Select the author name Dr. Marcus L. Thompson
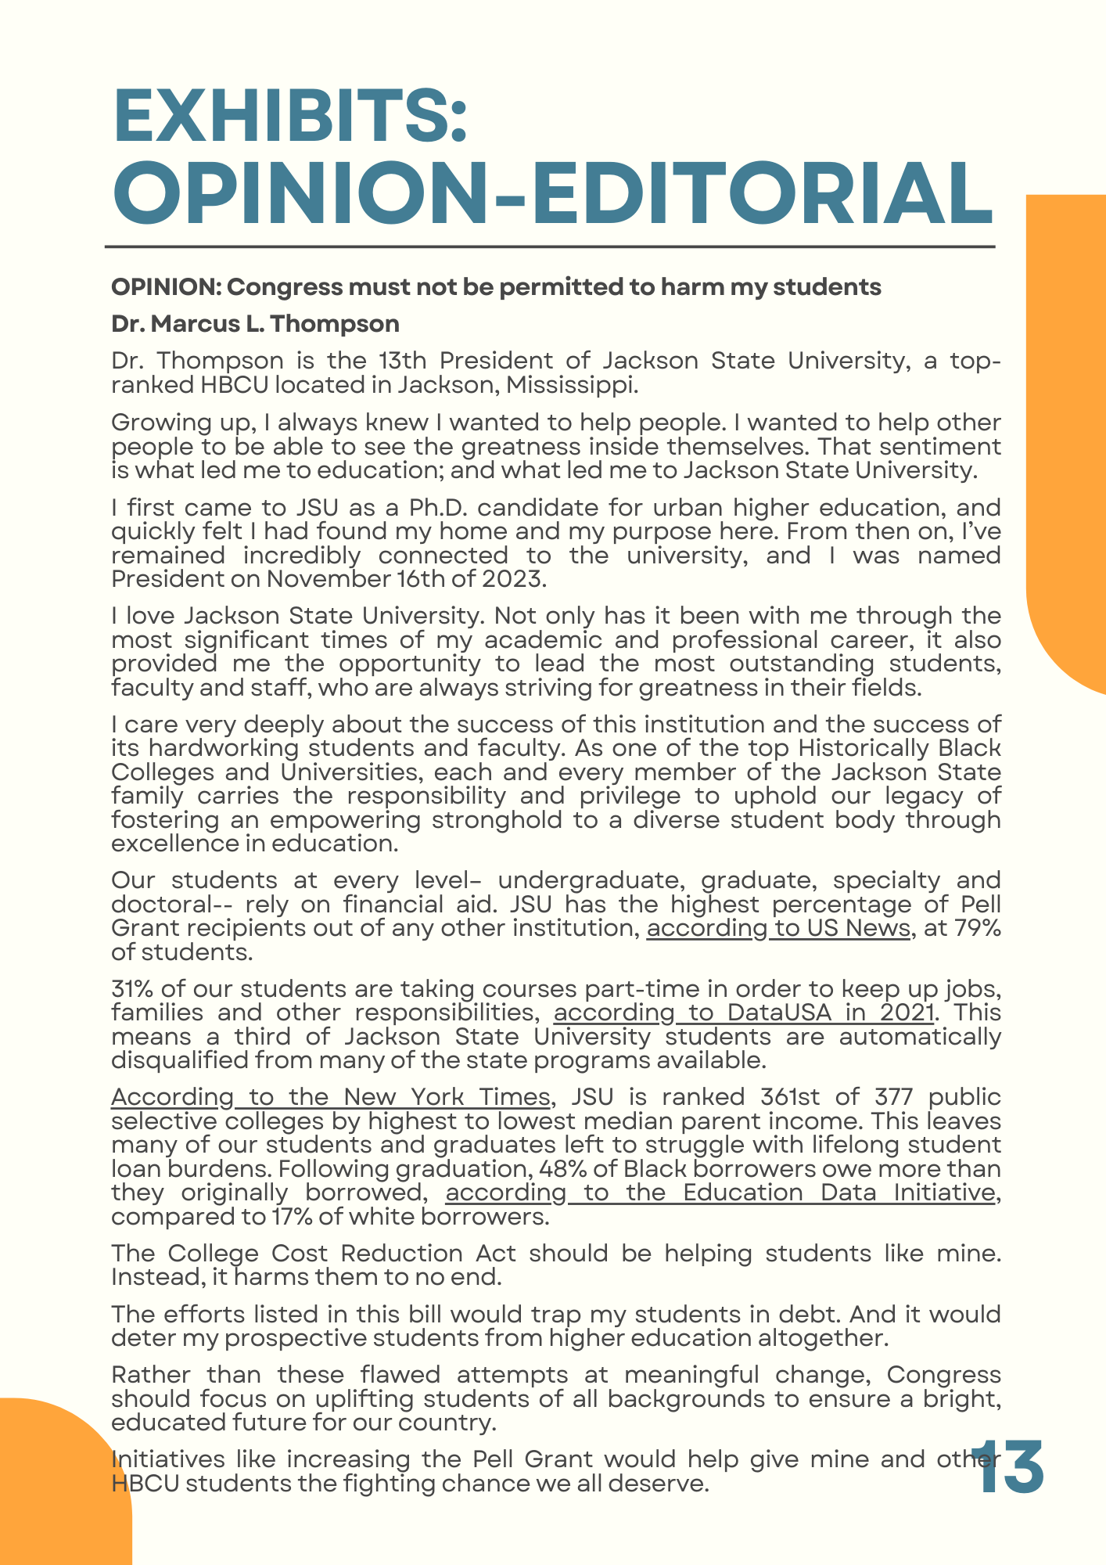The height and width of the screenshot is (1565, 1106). [x=255, y=324]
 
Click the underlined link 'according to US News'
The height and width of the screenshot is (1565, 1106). [x=778, y=928]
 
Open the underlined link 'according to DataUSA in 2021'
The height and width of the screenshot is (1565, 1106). [x=744, y=1013]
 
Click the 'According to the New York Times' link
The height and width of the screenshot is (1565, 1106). [x=331, y=1097]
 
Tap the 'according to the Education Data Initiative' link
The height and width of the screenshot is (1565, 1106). [x=720, y=1193]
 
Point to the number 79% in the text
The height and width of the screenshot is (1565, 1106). [x=975, y=928]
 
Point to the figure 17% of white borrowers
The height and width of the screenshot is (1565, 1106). [x=293, y=1218]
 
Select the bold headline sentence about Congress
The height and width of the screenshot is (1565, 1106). [x=496, y=287]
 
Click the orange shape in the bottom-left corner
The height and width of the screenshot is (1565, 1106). [x=55, y=1487]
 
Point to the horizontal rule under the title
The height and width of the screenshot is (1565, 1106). [x=550, y=247]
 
